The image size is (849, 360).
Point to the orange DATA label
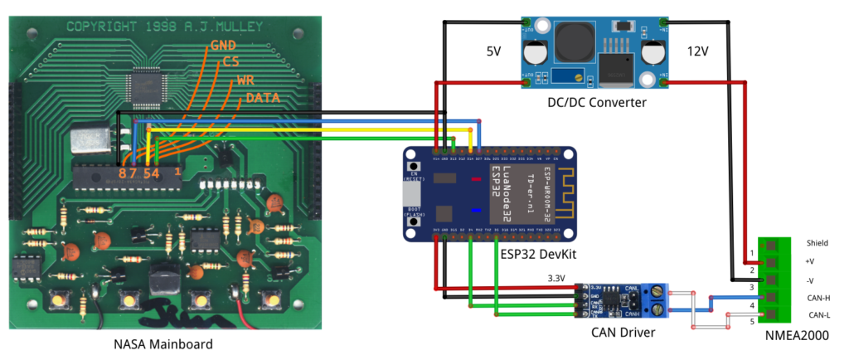pos(263,99)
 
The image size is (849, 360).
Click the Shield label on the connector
pos(817,243)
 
